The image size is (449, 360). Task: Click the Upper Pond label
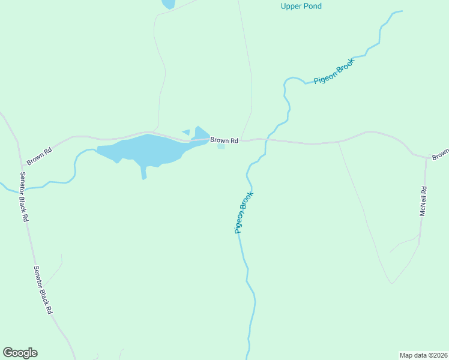(x=301, y=7)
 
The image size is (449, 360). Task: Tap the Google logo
(x=20, y=353)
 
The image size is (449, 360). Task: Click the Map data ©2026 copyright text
(x=424, y=355)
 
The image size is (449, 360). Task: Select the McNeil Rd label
(x=423, y=202)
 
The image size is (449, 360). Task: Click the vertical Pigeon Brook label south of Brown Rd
(x=244, y=212)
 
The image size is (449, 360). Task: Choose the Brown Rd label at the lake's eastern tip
(x=224, y=140)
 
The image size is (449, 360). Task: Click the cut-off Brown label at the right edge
(x=441, y=154)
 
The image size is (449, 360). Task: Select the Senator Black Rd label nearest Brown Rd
(x=24, y=196)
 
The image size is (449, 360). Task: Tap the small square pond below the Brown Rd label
(x=221, y=146)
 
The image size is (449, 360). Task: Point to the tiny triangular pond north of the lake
(x=187, y=132)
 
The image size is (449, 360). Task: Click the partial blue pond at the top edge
(x=168, y=4)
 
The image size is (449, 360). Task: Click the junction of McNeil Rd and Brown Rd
(x=426, y=159)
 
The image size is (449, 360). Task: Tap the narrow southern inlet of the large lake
(x=143, y=173)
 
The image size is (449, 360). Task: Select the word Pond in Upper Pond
(x=313, y=7)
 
